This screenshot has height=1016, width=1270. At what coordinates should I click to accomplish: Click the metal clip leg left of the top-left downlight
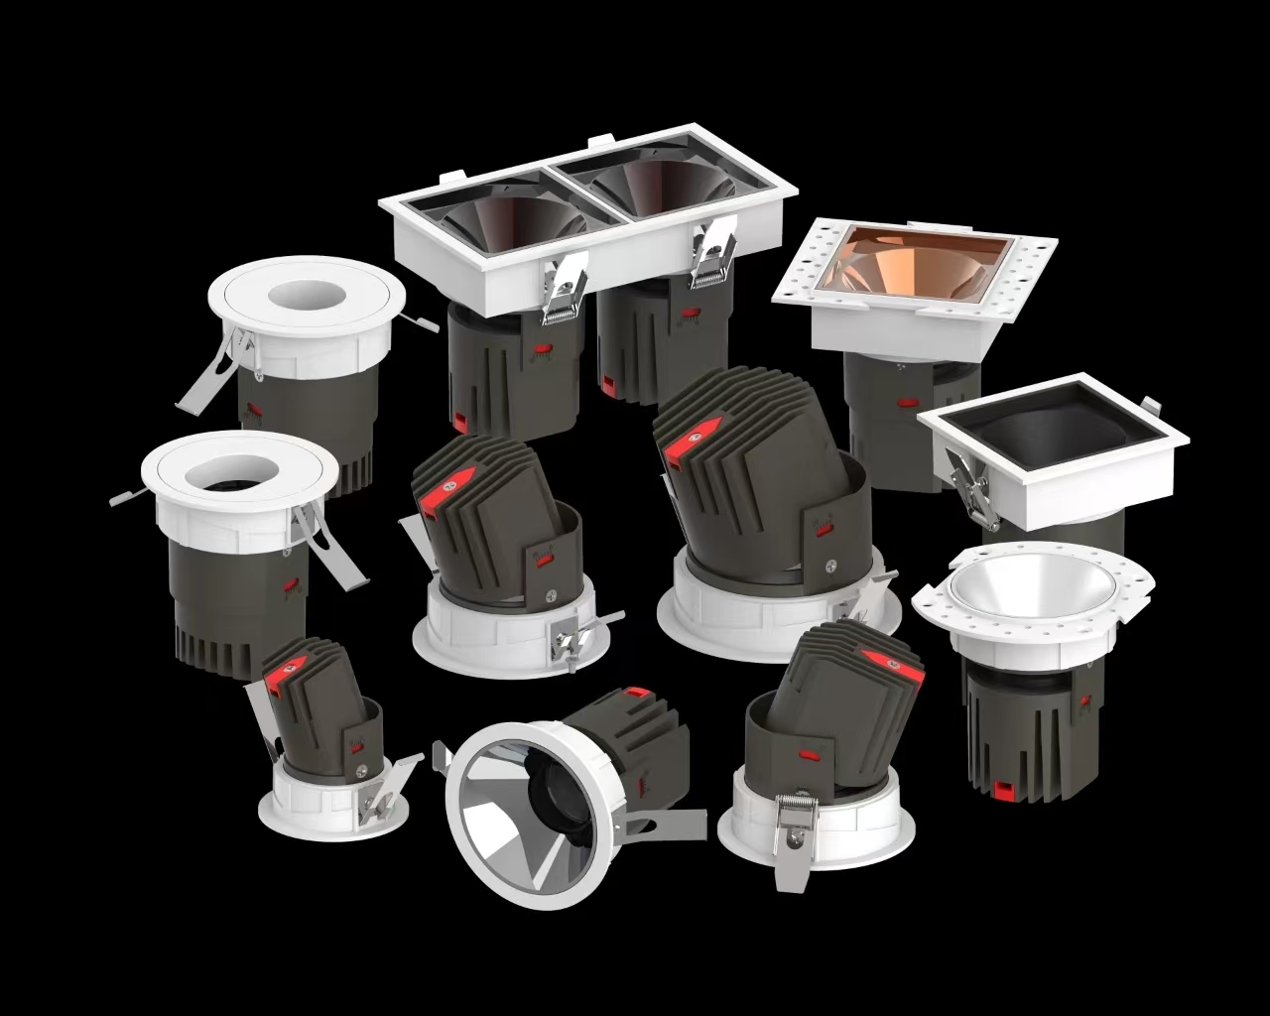208,377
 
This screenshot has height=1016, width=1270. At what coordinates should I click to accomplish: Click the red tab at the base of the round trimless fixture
1002,789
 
